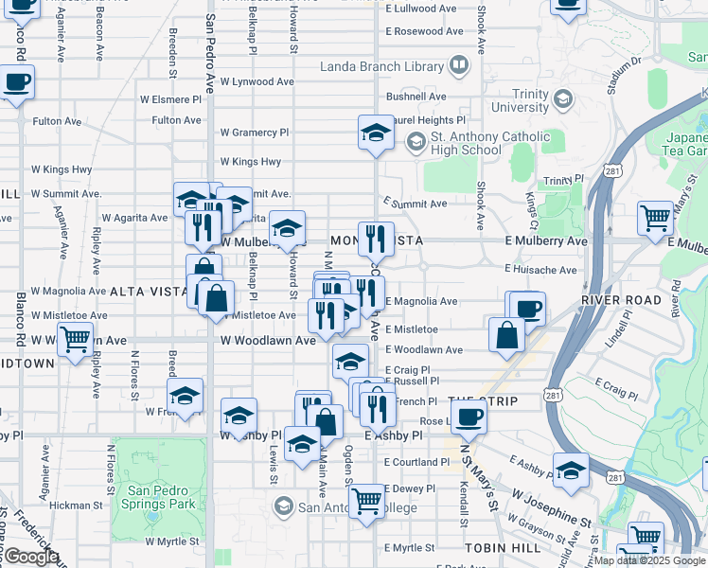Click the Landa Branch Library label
[x=381, y=66]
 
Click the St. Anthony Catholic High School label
[x=489, y=144]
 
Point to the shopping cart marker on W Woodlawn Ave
[x=75, y=338]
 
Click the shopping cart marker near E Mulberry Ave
[x=655, y=218]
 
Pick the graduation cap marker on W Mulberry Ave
[x=288, y=227]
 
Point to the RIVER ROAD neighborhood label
[x=620, y=299]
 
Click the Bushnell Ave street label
[x=416, y=97]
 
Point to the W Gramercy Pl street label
[x=254, y=133]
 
